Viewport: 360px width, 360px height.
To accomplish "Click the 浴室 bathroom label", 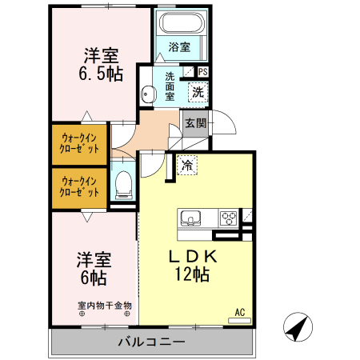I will point(180,47).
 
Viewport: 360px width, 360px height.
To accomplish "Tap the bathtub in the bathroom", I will point(180,23).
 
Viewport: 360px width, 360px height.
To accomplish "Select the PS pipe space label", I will point(202,71).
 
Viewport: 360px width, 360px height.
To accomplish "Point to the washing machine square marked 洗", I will point(197,92).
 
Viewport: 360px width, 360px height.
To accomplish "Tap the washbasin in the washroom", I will point(146,94).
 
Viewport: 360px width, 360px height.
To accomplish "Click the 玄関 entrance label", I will point(195,123).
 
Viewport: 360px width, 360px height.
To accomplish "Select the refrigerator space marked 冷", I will point(186,166).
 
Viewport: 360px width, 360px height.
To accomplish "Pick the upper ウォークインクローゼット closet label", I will point(79,142).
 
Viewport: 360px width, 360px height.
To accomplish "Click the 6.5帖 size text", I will point(101,74).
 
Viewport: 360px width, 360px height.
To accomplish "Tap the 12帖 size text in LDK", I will point(191,274).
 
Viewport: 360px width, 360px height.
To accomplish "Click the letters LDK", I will point(192,258).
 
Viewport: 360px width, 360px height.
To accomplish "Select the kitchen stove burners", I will point(228,217).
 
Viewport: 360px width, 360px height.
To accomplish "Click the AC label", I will point(239,312).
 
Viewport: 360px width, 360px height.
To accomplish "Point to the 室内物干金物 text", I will point(105,305).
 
